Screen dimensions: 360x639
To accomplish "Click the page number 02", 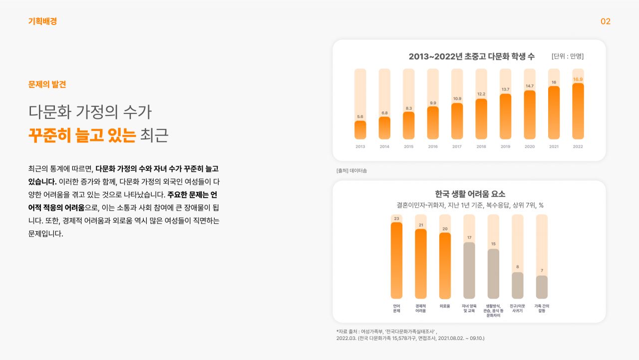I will (605, 21).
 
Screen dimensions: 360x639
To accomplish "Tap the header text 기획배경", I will (42, 21).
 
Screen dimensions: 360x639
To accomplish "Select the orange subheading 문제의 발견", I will (47, 84).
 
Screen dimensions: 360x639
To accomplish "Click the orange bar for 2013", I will (360, 130).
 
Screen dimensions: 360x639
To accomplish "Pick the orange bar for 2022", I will (578, 111).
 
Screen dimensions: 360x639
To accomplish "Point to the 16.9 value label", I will (578, 79).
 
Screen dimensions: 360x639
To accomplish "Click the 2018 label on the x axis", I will (481, 147).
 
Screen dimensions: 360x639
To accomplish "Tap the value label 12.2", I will (481, 94).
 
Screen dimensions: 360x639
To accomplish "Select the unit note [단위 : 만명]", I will (567, 56).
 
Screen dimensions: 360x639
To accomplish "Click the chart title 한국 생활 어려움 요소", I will (470, 194).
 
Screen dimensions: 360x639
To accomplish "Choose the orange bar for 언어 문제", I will (396, 260).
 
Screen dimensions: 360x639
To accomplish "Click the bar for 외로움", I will (445, 266).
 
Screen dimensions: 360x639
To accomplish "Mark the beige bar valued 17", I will (469, 270).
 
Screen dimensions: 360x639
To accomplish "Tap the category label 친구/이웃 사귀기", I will (517, 308).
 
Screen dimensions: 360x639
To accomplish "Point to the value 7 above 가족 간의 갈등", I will (542, 271).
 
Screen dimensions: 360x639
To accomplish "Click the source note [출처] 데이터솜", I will (351, 171).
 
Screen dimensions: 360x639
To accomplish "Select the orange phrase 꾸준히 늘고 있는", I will (82, 135).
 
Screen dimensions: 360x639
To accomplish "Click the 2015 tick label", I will (408, 147).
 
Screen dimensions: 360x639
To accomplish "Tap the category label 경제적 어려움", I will (421, 308).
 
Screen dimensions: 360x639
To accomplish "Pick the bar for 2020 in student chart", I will (529, 115).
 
